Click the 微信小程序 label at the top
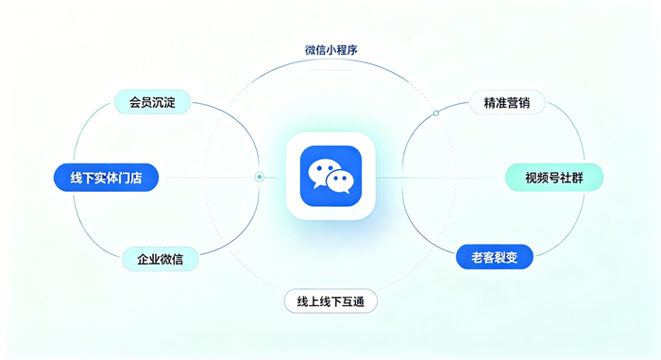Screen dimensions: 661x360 (x=330, y=50)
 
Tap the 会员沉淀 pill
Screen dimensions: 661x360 (x=152, y=102)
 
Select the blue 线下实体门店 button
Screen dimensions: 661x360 (x=106, y=178)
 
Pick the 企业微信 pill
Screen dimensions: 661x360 (x=161, y=259)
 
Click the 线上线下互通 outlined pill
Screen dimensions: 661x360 (x=330, y=301)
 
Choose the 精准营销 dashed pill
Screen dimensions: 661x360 (x=507, y=103)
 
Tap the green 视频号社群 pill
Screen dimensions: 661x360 (x=554, y=178)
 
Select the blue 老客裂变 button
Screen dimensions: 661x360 (x=495, y=257)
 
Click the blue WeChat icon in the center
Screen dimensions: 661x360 (x=330, y=176)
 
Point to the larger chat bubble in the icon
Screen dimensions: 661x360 (x=323, y=171)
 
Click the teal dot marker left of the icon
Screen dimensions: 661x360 (x=260, y=178)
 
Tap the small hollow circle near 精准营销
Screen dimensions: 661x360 (x=436, y=113)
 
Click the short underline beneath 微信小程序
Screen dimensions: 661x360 (x=330, y=70)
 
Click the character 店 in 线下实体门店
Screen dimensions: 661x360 (x=136, y=178)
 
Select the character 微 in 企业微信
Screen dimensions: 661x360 (x=166, y=259)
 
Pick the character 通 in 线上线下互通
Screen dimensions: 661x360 (x=359, y=301)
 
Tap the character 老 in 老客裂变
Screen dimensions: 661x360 (x=477, y=257)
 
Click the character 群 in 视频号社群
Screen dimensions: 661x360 (x=578, y=178)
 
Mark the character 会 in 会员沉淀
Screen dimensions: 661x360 (x=135, y=103)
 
